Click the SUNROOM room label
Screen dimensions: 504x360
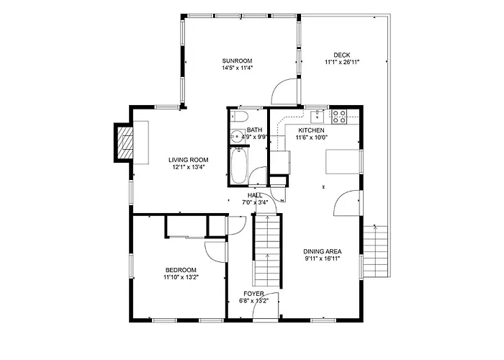(237, 60)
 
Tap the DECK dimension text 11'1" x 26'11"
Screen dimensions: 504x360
(342, 62)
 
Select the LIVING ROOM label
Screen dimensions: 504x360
(189, 160)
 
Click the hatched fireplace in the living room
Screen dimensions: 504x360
(125, 143)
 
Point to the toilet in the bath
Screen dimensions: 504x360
(239, 116)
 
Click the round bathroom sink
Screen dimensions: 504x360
(237, 137)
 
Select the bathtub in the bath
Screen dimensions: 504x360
(239, 166)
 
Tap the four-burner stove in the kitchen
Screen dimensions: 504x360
(339, 117)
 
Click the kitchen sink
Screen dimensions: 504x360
(318, 117)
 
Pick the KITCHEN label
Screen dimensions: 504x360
(312, 130)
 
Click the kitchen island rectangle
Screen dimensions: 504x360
(343, 162)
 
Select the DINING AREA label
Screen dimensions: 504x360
(323, 251)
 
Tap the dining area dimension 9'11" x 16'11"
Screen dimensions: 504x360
(323, 258)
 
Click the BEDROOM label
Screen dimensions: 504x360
(181, 270)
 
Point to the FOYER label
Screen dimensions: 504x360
(253, 294)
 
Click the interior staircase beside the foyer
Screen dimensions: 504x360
(268, 250)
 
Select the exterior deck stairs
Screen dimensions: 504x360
(375, 251)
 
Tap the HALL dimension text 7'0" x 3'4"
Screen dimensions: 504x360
(255, 202)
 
